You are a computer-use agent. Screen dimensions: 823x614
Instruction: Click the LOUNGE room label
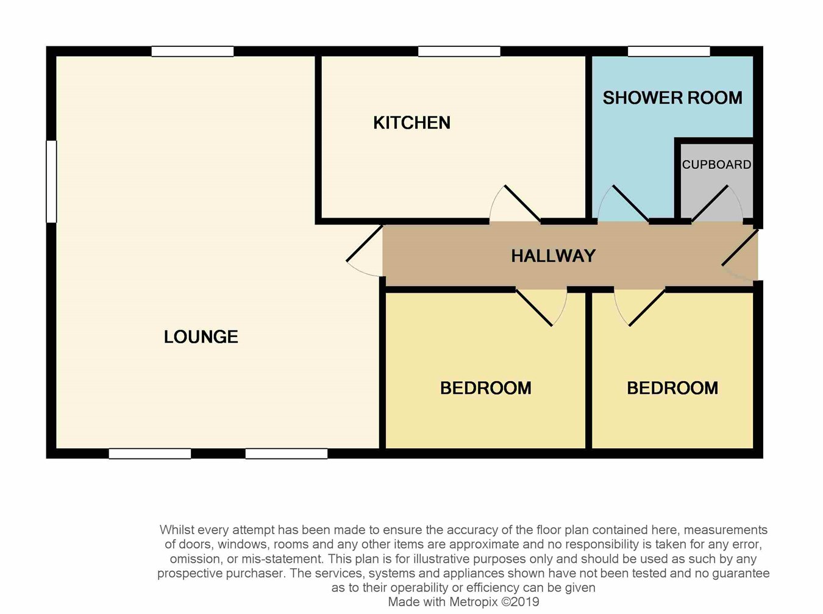pos(201,337)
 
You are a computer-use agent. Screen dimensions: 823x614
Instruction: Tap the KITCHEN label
pos(411,123)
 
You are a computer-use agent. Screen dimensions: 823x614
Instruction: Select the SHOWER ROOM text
pos(672,98)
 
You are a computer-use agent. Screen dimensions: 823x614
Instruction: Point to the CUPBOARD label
pos(716,165)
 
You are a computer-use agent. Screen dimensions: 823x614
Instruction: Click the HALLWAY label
pos(554,256)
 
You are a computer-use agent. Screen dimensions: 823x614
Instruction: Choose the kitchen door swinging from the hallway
pos(515,204)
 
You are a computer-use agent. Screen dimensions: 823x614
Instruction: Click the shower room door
pos(623,204)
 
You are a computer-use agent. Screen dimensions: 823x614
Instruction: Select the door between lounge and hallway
pos(365,251)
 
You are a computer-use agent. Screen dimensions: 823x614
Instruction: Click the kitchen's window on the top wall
pos(459,51)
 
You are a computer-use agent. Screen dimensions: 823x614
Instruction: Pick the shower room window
pos(669,51)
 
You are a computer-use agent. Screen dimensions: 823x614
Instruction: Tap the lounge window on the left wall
pos(51,182)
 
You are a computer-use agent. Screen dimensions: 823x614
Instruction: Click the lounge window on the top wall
pos(193,51)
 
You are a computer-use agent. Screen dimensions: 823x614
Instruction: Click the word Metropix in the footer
pos(474,602)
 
